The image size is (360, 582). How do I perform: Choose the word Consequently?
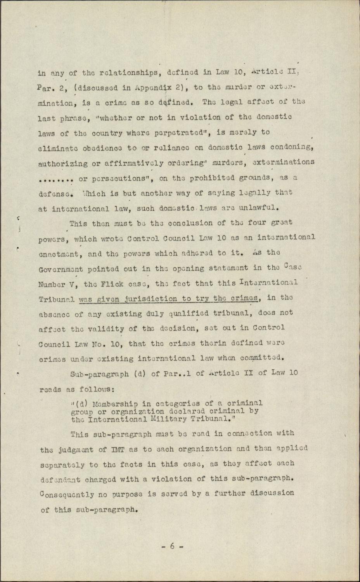point(66,494)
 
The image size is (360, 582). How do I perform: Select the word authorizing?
point(61,163)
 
